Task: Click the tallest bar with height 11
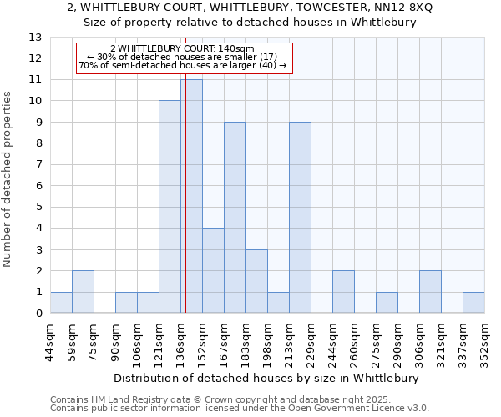pyautogui.click(x=192, y=196)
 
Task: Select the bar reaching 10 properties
pyautogui.click(x=170, y=207)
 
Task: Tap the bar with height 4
pyautogui.click(x=213, y=270)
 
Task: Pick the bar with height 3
pyautogui.click(x=256, y=281)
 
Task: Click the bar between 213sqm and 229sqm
pyautogui.click(x=300, y=218)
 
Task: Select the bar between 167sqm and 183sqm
pyautogui.click(x=235, y=218)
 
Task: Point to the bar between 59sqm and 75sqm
pyautogui.click(x=83, y=292)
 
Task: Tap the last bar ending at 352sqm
pyautogui.click(x=473, y=303)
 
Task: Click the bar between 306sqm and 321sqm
pyautogui.click(x=430, y=292)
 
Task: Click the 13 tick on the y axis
pyautogui.click(x=35, y=38)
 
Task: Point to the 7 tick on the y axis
pyautogui.click(x=38, y=165)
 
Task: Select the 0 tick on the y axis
pyautogui.click(x=38, y=314)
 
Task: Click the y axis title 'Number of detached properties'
pyautogui.click(x=8, y=180)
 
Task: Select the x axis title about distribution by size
pyautogui.click(x=266, y=378)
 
